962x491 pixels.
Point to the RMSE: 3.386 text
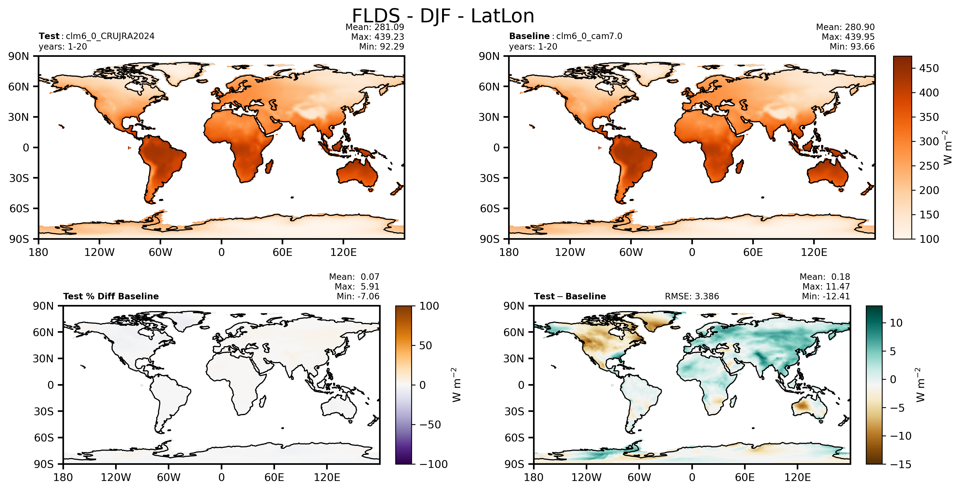pos(692,297)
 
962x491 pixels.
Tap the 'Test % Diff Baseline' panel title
pos(111,297)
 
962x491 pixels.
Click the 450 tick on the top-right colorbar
pos(929,68)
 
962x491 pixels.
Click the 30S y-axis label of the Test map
pos(19,178)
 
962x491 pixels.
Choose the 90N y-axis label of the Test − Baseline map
pos(514,306)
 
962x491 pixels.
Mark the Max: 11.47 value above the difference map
pos(826,287)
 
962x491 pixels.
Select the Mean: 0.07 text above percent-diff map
pos(354,277)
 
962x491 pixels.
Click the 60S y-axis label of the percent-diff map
pos(44,438)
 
